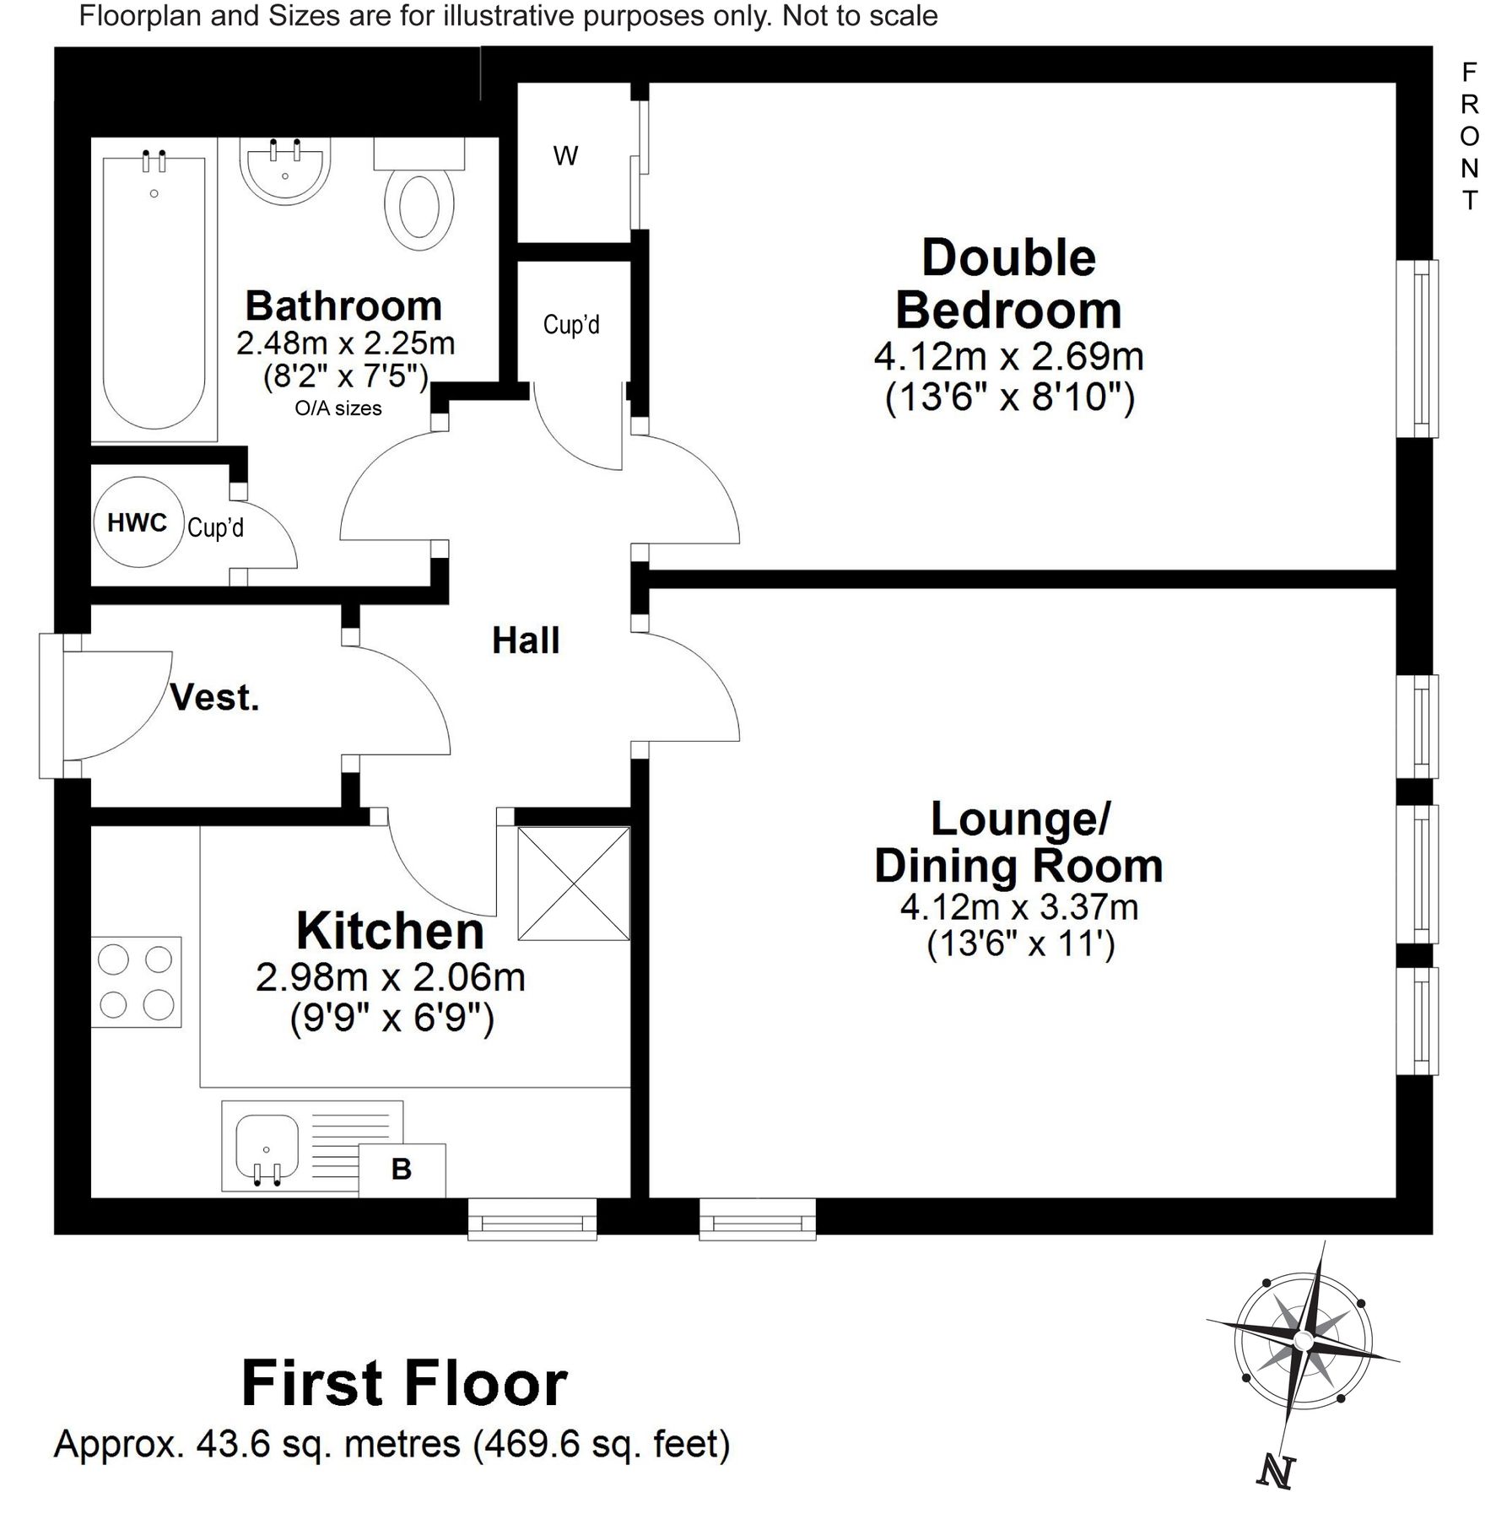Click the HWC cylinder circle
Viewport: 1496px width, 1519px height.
click(138, 522)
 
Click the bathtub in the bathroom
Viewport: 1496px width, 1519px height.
click(154, 290)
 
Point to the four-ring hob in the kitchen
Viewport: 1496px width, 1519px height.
click(136, 981)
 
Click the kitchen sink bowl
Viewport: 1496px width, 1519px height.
click(267, 1149)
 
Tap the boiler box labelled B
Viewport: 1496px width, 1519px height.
click(402, 1170)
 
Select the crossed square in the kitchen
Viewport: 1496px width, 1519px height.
click(574, 884)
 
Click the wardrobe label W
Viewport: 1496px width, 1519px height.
click(565, 156)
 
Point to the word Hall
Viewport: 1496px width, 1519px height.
click(526, 641)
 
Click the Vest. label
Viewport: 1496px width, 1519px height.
click(214, 698)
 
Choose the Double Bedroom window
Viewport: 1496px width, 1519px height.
click(1418, 349)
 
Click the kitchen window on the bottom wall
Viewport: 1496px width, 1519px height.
click(532, 1219)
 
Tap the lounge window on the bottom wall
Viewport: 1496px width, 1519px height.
click(758, 1219)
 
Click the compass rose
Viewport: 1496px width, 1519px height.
click(1302, 1341)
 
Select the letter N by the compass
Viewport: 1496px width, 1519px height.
click(1275, 1473)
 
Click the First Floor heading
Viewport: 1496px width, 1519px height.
click(405, 1384)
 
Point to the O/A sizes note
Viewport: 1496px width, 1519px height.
click(338, 408)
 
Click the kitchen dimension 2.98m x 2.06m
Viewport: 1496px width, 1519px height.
click(391, 977)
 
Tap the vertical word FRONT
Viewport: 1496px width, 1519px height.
click(1470, 136)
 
